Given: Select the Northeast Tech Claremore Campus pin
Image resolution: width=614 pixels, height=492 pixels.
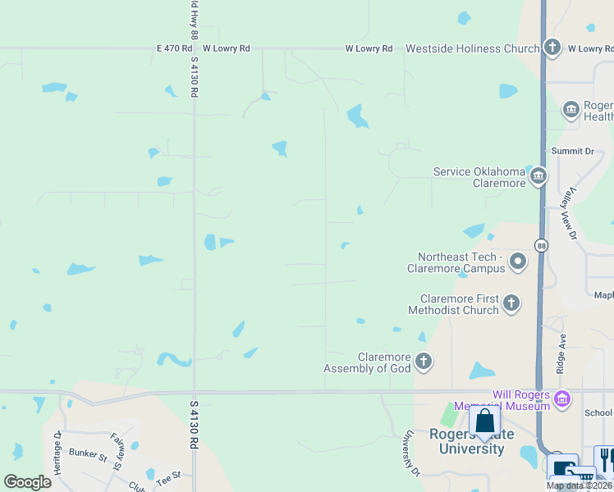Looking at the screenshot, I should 518,262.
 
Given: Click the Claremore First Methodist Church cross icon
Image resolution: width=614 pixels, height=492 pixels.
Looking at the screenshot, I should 511,304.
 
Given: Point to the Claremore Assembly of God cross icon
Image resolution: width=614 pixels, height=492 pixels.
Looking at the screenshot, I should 424,362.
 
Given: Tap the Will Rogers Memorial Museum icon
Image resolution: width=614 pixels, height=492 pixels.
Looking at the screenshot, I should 562,400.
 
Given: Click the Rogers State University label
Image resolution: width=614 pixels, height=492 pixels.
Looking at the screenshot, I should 471,441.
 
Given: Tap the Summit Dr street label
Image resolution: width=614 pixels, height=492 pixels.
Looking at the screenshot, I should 572,152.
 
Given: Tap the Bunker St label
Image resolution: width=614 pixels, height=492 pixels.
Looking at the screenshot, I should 88,453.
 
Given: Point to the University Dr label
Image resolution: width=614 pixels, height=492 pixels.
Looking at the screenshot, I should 410,453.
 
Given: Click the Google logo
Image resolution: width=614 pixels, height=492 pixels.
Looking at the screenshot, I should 26,482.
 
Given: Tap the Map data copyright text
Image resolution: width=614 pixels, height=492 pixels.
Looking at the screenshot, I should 579,485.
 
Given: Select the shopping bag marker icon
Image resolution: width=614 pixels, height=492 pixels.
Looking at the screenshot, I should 485,422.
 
